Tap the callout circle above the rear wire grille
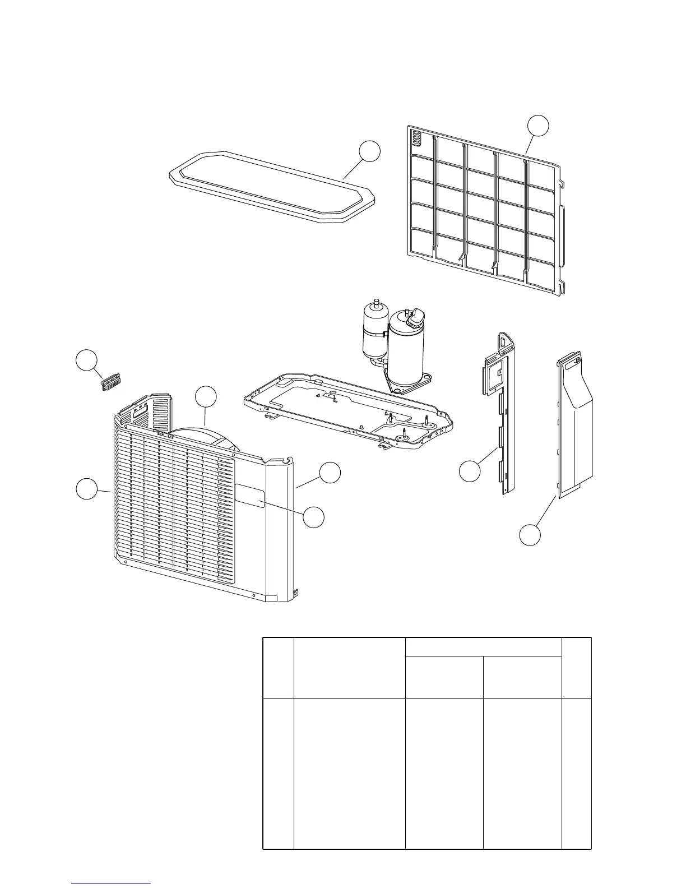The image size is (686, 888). pyautogui.click(x=539, y=126)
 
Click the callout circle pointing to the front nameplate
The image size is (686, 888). pyautogui.click(x=314, y=516)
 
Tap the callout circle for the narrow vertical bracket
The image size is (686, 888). pyautogui.click(x=470, y=470)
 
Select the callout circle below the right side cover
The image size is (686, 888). pyautogui.click(x=530, y=534)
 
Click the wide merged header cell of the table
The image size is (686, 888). pyautogui.click(x=483, y=646)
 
